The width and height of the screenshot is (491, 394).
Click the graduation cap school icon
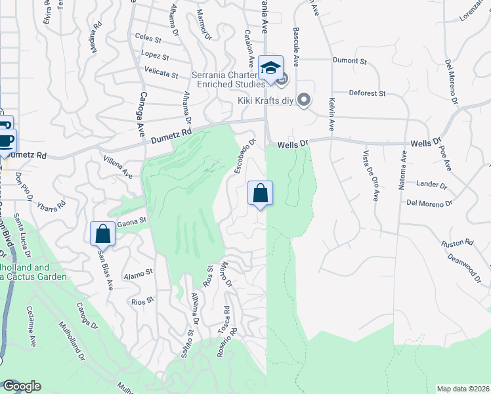click(270, 66)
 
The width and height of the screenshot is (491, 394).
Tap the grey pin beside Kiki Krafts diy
click(303, 100)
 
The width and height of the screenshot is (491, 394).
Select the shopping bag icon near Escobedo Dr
click(260, 193)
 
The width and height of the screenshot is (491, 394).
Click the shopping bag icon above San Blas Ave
click(102, 233)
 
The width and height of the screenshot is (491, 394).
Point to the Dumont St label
click(350, 61)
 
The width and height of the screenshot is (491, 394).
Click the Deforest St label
click(367, 93)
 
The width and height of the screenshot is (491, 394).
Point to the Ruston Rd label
click(457, 243)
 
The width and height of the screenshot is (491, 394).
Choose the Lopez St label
click(155, 55)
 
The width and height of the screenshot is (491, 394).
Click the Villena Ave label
click(117, 167)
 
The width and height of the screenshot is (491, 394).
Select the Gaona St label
click(131, 224)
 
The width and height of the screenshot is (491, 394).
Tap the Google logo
click(22, 386)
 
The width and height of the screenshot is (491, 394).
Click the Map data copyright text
click(462, 389)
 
